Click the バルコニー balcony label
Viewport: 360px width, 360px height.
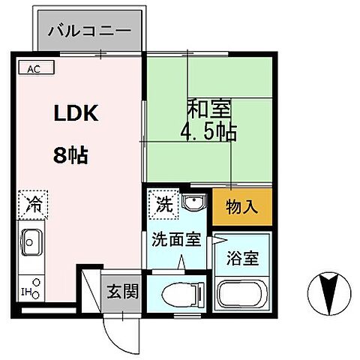(x=88, y=31)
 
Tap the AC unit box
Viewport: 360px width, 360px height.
(x=34, y=69)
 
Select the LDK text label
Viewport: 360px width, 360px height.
(x=74, y=115)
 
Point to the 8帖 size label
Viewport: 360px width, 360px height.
(x=70, y=155)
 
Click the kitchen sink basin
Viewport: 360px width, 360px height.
(x=31, y=242)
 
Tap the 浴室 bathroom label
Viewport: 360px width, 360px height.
(x=244, y=259)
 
